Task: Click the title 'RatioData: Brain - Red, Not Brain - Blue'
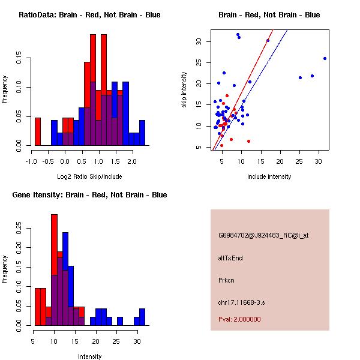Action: (x=89, y=15)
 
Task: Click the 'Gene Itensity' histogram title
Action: (x=89, y=195)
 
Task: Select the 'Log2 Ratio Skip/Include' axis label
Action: (x=89, y=176)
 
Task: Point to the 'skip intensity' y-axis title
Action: (x=185, y=90)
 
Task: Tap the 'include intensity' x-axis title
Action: (x=269, y=176)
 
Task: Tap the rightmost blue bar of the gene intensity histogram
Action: (x=142, y=317)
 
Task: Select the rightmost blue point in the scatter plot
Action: (x=325, y=58)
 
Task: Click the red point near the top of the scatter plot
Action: (x=268, y=41)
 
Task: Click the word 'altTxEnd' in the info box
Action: (x=230, y=258)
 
